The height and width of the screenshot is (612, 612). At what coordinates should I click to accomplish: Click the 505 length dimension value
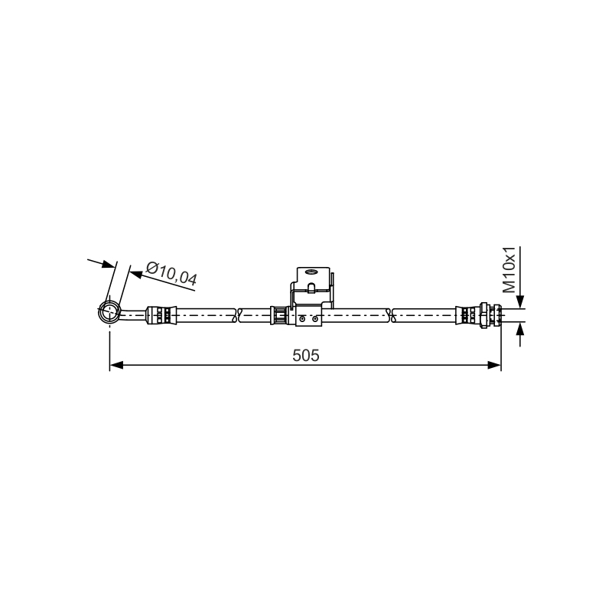point(305,356)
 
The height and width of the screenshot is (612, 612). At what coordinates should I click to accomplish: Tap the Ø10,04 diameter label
point(171,274)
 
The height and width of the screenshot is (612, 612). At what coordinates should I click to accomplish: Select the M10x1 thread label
point(509,270)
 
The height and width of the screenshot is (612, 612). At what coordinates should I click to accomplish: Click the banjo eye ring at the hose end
point(109,312)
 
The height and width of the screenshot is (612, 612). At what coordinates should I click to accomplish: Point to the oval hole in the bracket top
point(313,272)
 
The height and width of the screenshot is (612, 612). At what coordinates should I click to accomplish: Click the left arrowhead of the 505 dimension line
point(116,366)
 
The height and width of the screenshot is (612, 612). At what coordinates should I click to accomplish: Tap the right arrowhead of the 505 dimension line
point(494,366)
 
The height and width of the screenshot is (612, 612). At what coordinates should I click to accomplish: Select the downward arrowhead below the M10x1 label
point(520,302)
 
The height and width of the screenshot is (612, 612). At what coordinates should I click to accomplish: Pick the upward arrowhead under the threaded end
point(520,329)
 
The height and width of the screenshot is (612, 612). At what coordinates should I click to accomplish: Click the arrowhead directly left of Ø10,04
point(136,275)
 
